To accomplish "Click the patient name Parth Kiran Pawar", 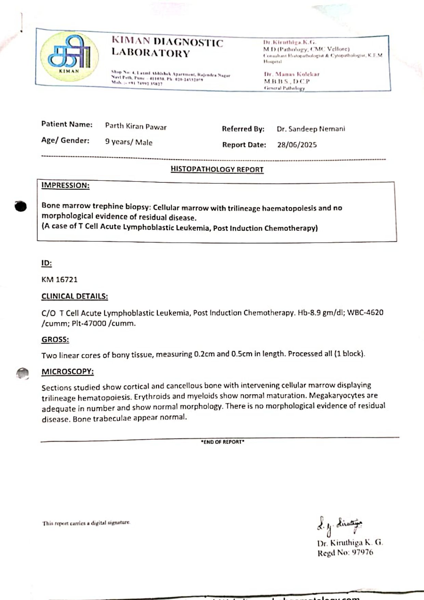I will [136, 126].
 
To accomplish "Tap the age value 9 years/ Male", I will [129, 142].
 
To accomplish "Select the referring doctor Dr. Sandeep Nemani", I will [311, 129].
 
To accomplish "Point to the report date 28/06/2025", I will [297, 145].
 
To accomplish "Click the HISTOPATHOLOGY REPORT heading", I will [217, 170].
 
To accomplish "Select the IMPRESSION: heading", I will [65, 186].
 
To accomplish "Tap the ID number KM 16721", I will [59, 280].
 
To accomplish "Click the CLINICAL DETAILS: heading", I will [75, 296].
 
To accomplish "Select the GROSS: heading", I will [55, 340].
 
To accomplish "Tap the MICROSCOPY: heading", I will [67, 372].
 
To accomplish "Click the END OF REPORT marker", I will [223, 442].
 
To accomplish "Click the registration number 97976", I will [362, 553].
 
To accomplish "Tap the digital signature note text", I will [86, 523].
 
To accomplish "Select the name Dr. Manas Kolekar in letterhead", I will [292, 74].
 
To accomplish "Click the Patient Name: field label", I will [67, 124].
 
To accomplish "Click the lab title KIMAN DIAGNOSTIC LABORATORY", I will [167, 47].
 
